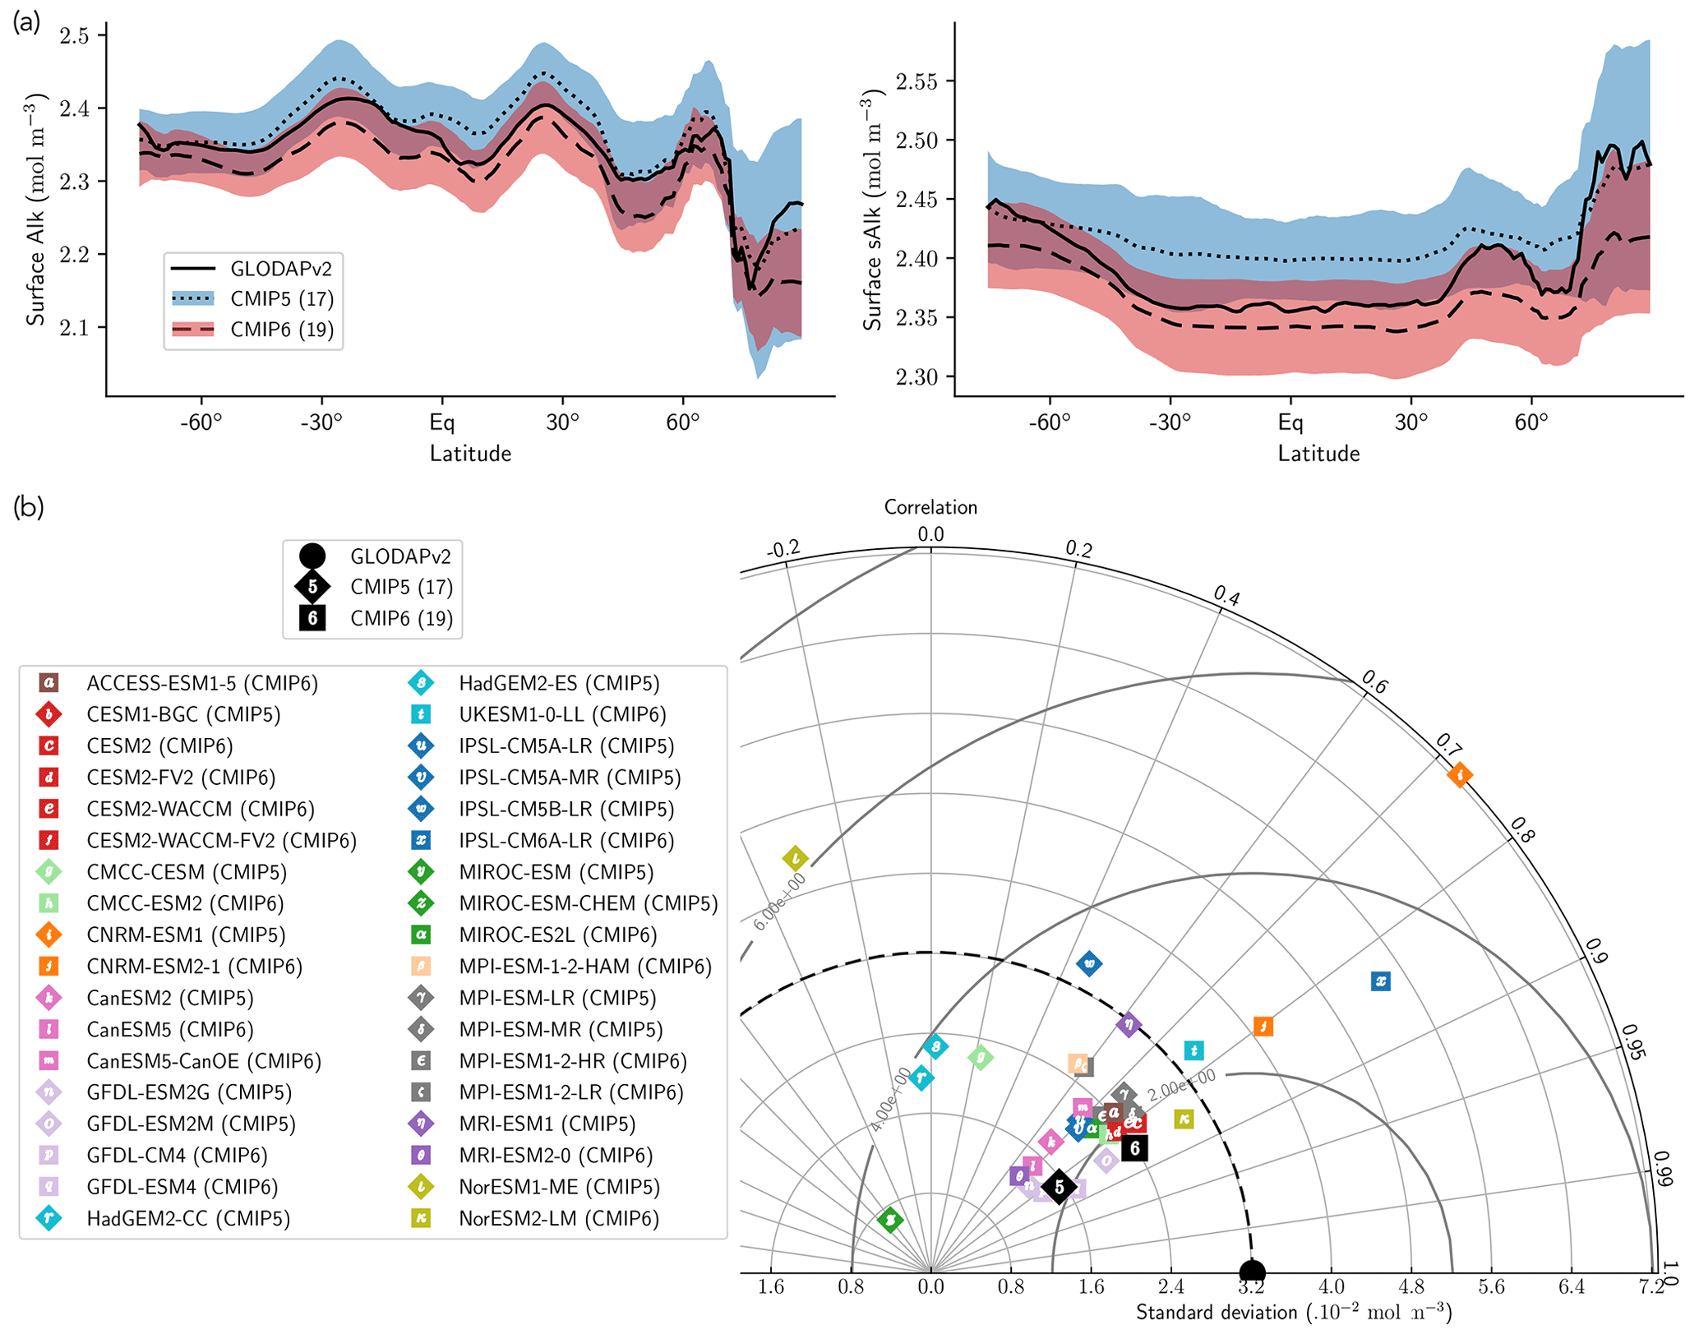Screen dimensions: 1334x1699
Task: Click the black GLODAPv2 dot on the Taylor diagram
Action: [1251, 1272]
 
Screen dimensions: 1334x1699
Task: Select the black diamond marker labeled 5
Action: [1060, 1187]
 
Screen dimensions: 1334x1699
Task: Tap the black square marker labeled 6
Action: [1135, 1148]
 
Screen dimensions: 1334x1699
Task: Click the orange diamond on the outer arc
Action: [1460, 774]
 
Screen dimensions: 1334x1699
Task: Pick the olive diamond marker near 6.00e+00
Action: [795, 859]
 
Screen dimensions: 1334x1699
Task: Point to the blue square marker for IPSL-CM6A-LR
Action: [1381, 981]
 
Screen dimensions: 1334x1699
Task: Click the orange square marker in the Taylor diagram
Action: [1263, 1026]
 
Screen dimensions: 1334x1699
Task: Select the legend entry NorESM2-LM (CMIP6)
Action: [559, 1218]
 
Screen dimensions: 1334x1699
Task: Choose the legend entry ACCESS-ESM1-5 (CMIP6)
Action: [201, 683]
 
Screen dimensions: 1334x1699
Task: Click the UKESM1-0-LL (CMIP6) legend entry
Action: [562, 714]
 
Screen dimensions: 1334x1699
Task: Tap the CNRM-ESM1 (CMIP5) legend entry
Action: [186, 935]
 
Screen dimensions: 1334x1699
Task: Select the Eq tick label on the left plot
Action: [441, 422]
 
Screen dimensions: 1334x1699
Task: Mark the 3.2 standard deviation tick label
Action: [1251, 1287]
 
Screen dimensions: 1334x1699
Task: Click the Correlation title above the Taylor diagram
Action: [930, 507]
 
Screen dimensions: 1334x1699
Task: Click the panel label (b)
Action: [28, 507]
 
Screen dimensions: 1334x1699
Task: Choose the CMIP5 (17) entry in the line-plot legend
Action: [281, 299]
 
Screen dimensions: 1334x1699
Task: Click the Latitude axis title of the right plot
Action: [1318, 454]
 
